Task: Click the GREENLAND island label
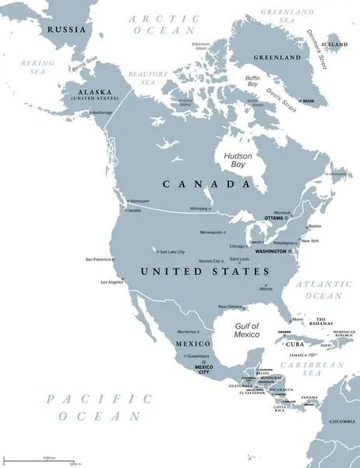pos(279,58)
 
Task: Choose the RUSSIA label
pos(65,29)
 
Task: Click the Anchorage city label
pos(102,112)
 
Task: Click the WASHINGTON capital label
pos(270,252)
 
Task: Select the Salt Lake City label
pos(171,252)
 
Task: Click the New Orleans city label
pos(231,307)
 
